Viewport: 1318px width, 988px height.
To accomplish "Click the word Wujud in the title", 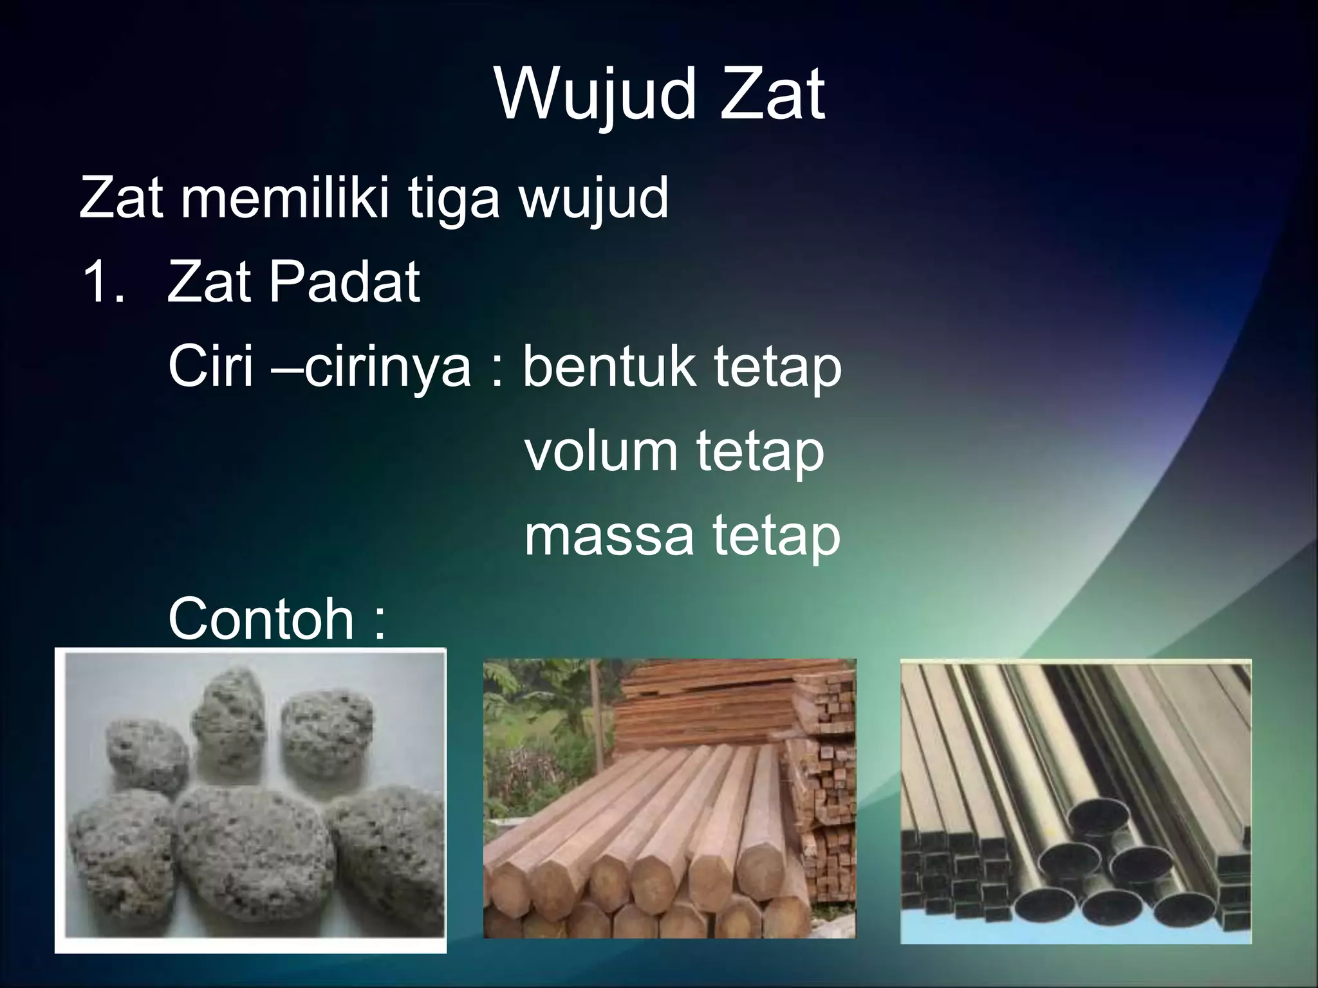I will pos(595,96).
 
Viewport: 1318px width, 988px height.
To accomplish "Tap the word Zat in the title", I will pos(772,96).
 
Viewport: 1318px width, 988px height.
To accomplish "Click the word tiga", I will pos(454,199).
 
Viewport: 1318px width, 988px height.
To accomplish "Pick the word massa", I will pos(609,535).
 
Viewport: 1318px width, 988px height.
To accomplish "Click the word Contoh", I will pos(261,619).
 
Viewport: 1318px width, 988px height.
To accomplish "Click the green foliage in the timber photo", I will pos(547,727).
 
